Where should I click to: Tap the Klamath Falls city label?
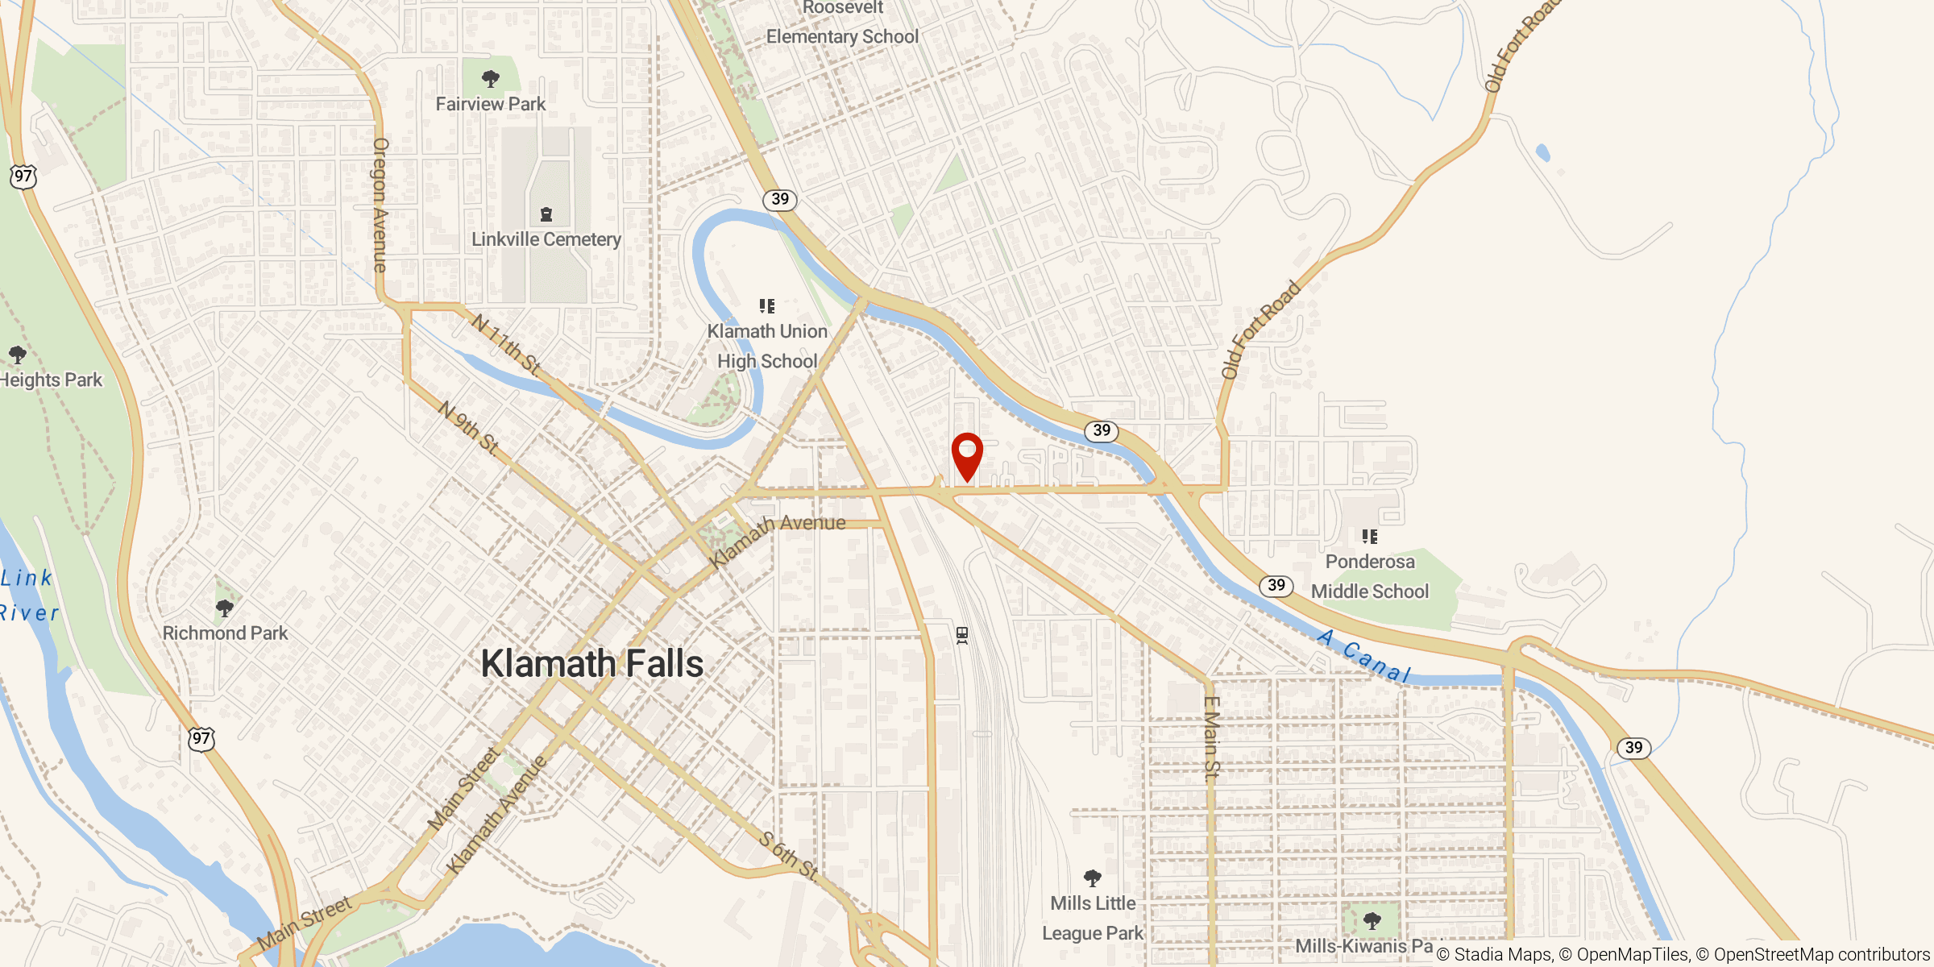tap(592, 664)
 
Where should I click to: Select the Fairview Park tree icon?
tap(490, 79)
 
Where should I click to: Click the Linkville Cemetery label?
tap(546, 239)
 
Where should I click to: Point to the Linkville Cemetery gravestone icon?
tap(546, 214)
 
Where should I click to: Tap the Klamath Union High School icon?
tap(767, 306)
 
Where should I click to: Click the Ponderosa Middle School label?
tap(1370, 576)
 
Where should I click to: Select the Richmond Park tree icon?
tap(225, 608)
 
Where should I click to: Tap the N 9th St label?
tap(468, 427)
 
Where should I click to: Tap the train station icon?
tap(962, 636)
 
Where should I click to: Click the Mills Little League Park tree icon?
tap(1093, 878)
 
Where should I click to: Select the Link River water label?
tap(28, 595)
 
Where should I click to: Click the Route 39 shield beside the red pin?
tap(1102, 430)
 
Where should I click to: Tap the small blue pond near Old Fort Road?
tap(1543, 153)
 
